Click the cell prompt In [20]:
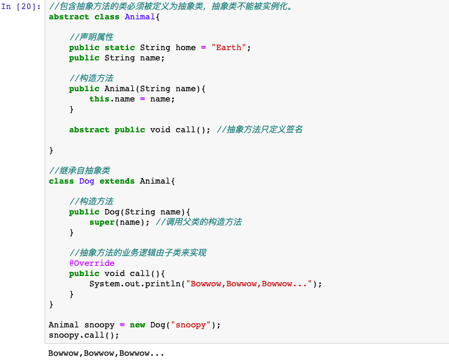21,6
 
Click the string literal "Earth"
229,47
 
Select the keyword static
119,47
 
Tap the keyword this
99,99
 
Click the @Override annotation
92,263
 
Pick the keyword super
101,222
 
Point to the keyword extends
117,181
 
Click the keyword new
138,325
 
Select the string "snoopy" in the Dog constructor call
191,325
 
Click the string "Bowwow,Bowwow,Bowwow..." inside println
249,284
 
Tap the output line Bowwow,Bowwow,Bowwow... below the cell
106,353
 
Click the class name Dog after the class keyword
86,181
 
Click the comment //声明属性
91,37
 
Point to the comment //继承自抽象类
79,170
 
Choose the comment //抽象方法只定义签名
260,129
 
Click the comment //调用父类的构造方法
199,222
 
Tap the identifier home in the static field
185,47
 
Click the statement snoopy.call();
84,335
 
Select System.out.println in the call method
135,284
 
